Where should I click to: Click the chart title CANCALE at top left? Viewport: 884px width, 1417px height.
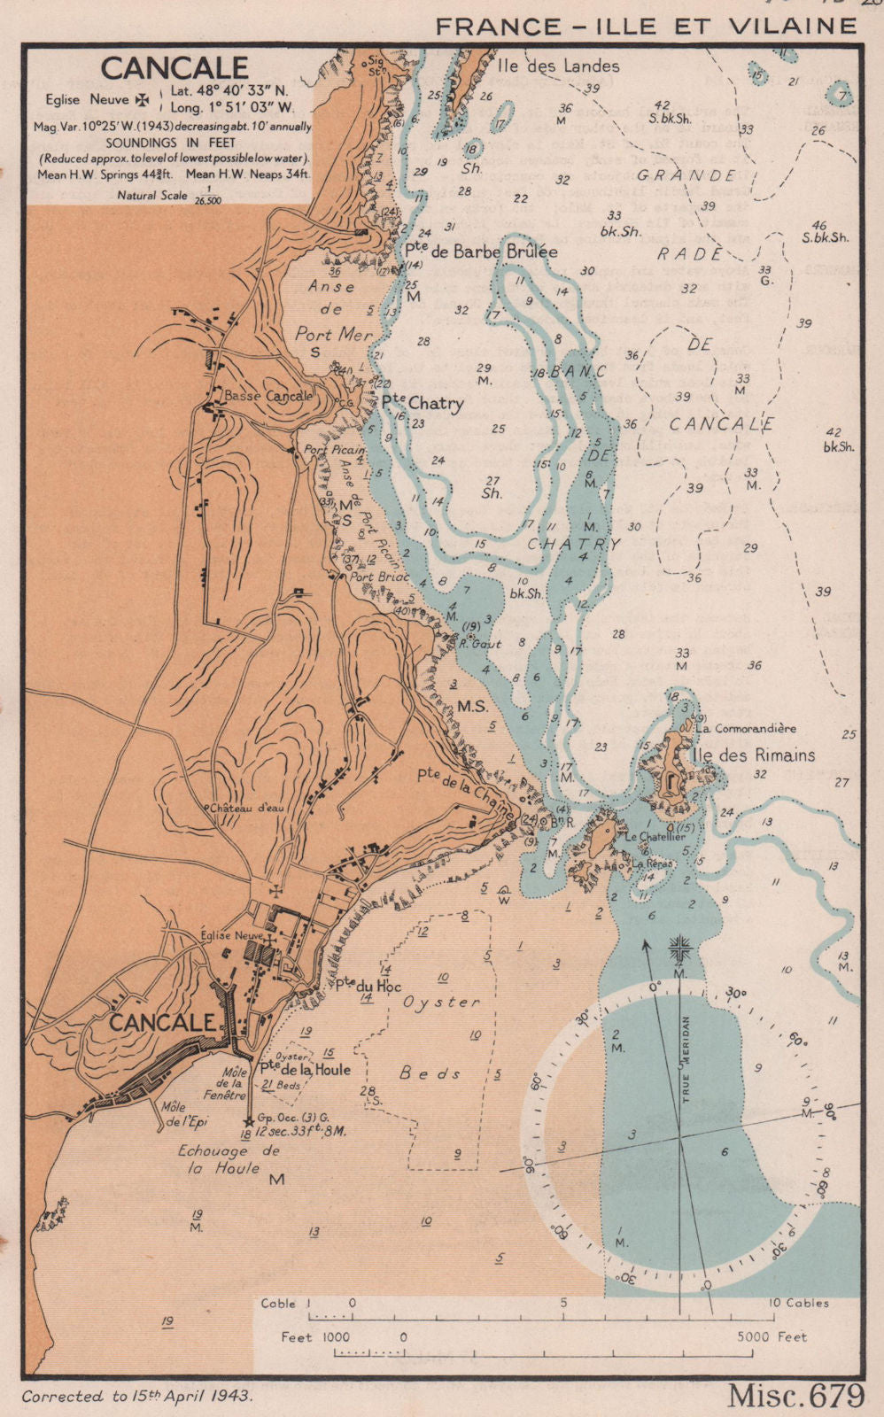pyautogui.click(x=174, y=68)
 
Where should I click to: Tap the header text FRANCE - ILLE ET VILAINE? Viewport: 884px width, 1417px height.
pyautogui.click(x=647, y=27)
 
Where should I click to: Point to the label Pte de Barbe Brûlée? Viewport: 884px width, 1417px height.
pyautogui.click(x=481, y=252)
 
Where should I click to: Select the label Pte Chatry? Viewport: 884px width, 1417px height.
pyautogui.click(x=423, y=404)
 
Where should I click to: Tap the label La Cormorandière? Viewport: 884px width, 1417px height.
pyautogui.click(x=746, y=728)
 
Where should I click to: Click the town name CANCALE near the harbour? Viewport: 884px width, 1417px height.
pyautogui.click(x=162, y=1022)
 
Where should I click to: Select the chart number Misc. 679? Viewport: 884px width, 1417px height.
pyautogui.click(x=795, y=1396)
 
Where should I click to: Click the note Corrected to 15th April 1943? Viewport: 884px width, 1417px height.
pyautogui.click(x=136, y=1396)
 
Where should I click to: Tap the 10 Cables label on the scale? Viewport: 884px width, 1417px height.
pyautogui.click(x=799, y=1302)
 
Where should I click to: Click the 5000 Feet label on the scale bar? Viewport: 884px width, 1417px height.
pyautogui.click(x=772, y=1336)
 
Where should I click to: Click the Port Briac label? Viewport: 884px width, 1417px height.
pyautogui.click(x=380, y=577)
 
